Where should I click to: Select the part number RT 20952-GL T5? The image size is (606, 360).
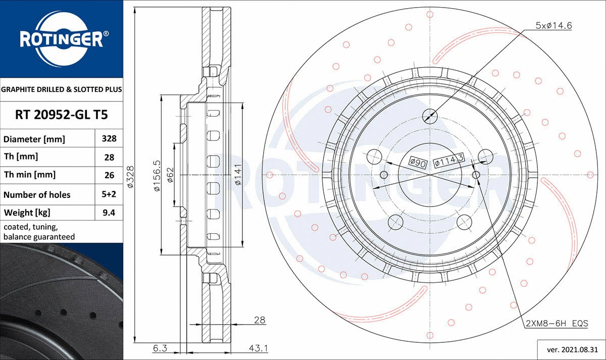[62, 115]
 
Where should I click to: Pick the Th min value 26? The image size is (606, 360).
[109, 175]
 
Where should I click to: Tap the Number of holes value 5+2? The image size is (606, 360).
[109, 194]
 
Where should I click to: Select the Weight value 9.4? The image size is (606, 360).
[109, 213]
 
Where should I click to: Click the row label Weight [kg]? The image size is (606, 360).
[27, 213]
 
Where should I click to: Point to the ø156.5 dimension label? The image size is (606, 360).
[157, 175]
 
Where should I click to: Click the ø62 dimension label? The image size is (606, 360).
[170, 175]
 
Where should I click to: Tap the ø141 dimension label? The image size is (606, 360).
[237, 175]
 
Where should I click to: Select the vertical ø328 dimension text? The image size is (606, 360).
[130, 176]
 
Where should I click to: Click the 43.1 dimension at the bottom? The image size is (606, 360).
[259, 348]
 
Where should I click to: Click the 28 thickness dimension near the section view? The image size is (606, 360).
[259, 320]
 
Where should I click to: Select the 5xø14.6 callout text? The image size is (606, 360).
[553, 25]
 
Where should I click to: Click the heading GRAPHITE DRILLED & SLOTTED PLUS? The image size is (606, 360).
[62, 89]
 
